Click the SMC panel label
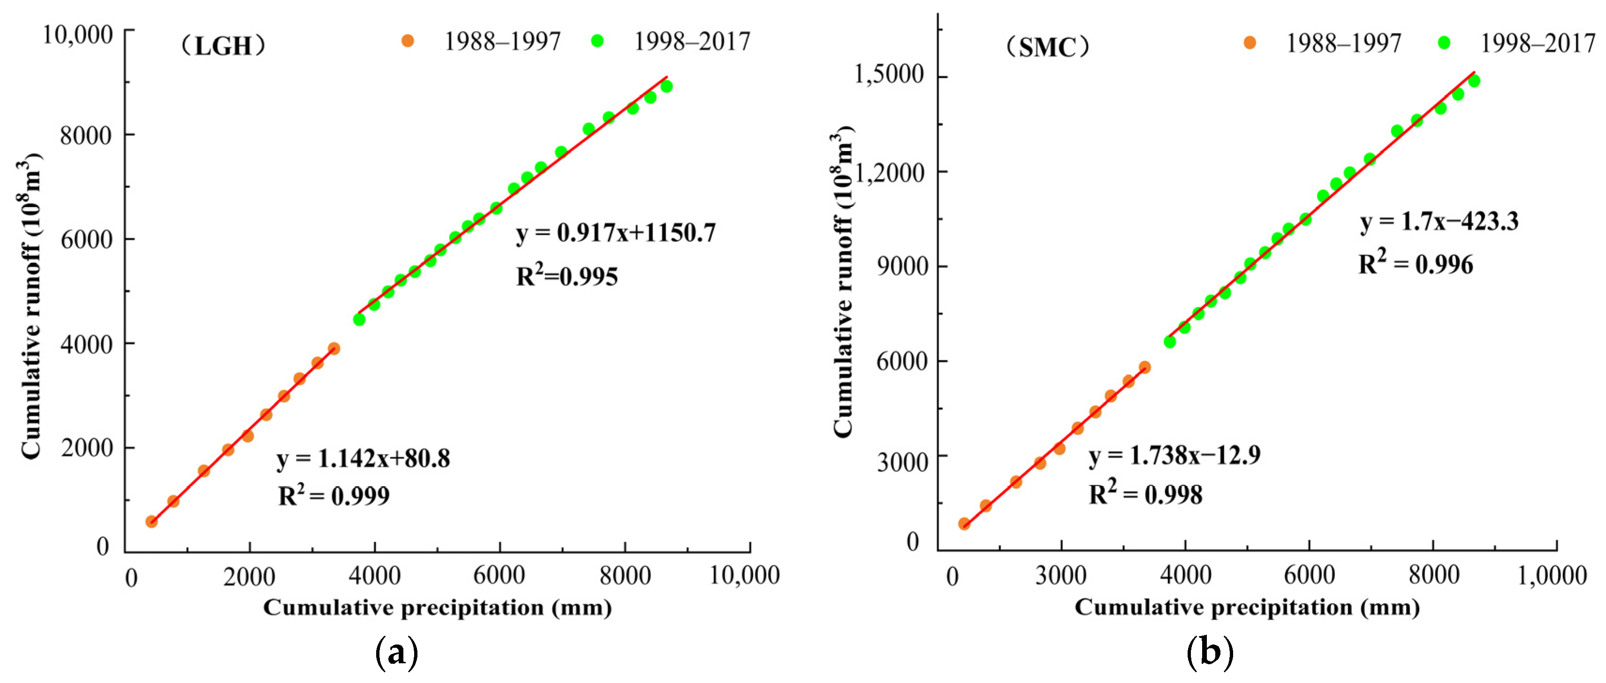(x=1047, y=48)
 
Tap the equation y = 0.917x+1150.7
(x=616, y=233)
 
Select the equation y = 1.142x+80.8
(x=364, y=459)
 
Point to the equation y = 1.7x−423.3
(x=1439, y=222)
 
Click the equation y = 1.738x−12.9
(x=1174, y=455)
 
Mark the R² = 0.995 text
(x=567, y=276)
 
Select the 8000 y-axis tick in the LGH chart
(x=86, y=135)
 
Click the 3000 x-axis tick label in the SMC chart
(x=1061, y=575)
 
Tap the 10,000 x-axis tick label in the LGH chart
(x=744, y=575)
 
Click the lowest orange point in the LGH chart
(x=152, y=522)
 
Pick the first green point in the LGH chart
(x=359, y=319)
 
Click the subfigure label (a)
(x=396, y=653)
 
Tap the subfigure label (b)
(x=1210, y=653)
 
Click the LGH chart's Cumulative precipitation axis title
(x=437, y=607)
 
